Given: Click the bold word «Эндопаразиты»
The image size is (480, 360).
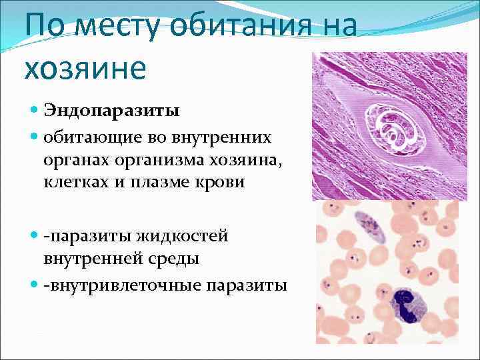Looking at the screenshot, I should (x=111, y=109).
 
